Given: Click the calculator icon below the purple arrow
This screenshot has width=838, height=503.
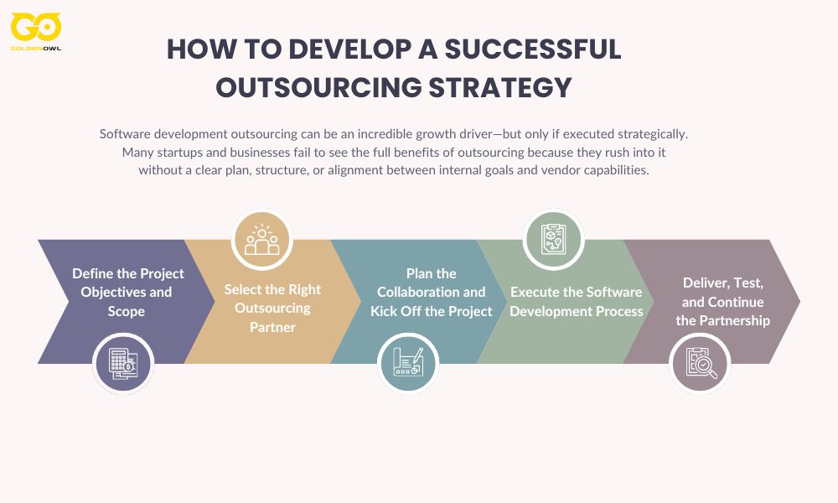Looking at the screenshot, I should (123, 362).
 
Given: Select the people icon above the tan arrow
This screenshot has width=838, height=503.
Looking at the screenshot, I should (261, 240).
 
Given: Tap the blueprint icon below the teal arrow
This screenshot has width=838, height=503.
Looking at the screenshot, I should (408, 362).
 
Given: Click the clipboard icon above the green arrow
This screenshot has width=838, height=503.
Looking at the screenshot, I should (553, 240).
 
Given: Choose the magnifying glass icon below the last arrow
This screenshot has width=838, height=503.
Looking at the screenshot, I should (700, 362).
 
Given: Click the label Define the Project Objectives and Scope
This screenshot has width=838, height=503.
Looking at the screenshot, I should (127, 293).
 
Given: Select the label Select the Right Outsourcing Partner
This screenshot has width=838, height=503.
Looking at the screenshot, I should (272, 308).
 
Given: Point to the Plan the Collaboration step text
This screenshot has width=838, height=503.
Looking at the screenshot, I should (431, 293).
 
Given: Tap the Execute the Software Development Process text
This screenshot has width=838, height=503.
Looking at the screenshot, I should (577, 302).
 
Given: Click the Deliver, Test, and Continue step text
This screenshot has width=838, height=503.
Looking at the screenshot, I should (722, 302).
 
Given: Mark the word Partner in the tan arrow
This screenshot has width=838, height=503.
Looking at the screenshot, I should (272, 327).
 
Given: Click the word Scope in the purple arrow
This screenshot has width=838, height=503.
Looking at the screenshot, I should (127, 311).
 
